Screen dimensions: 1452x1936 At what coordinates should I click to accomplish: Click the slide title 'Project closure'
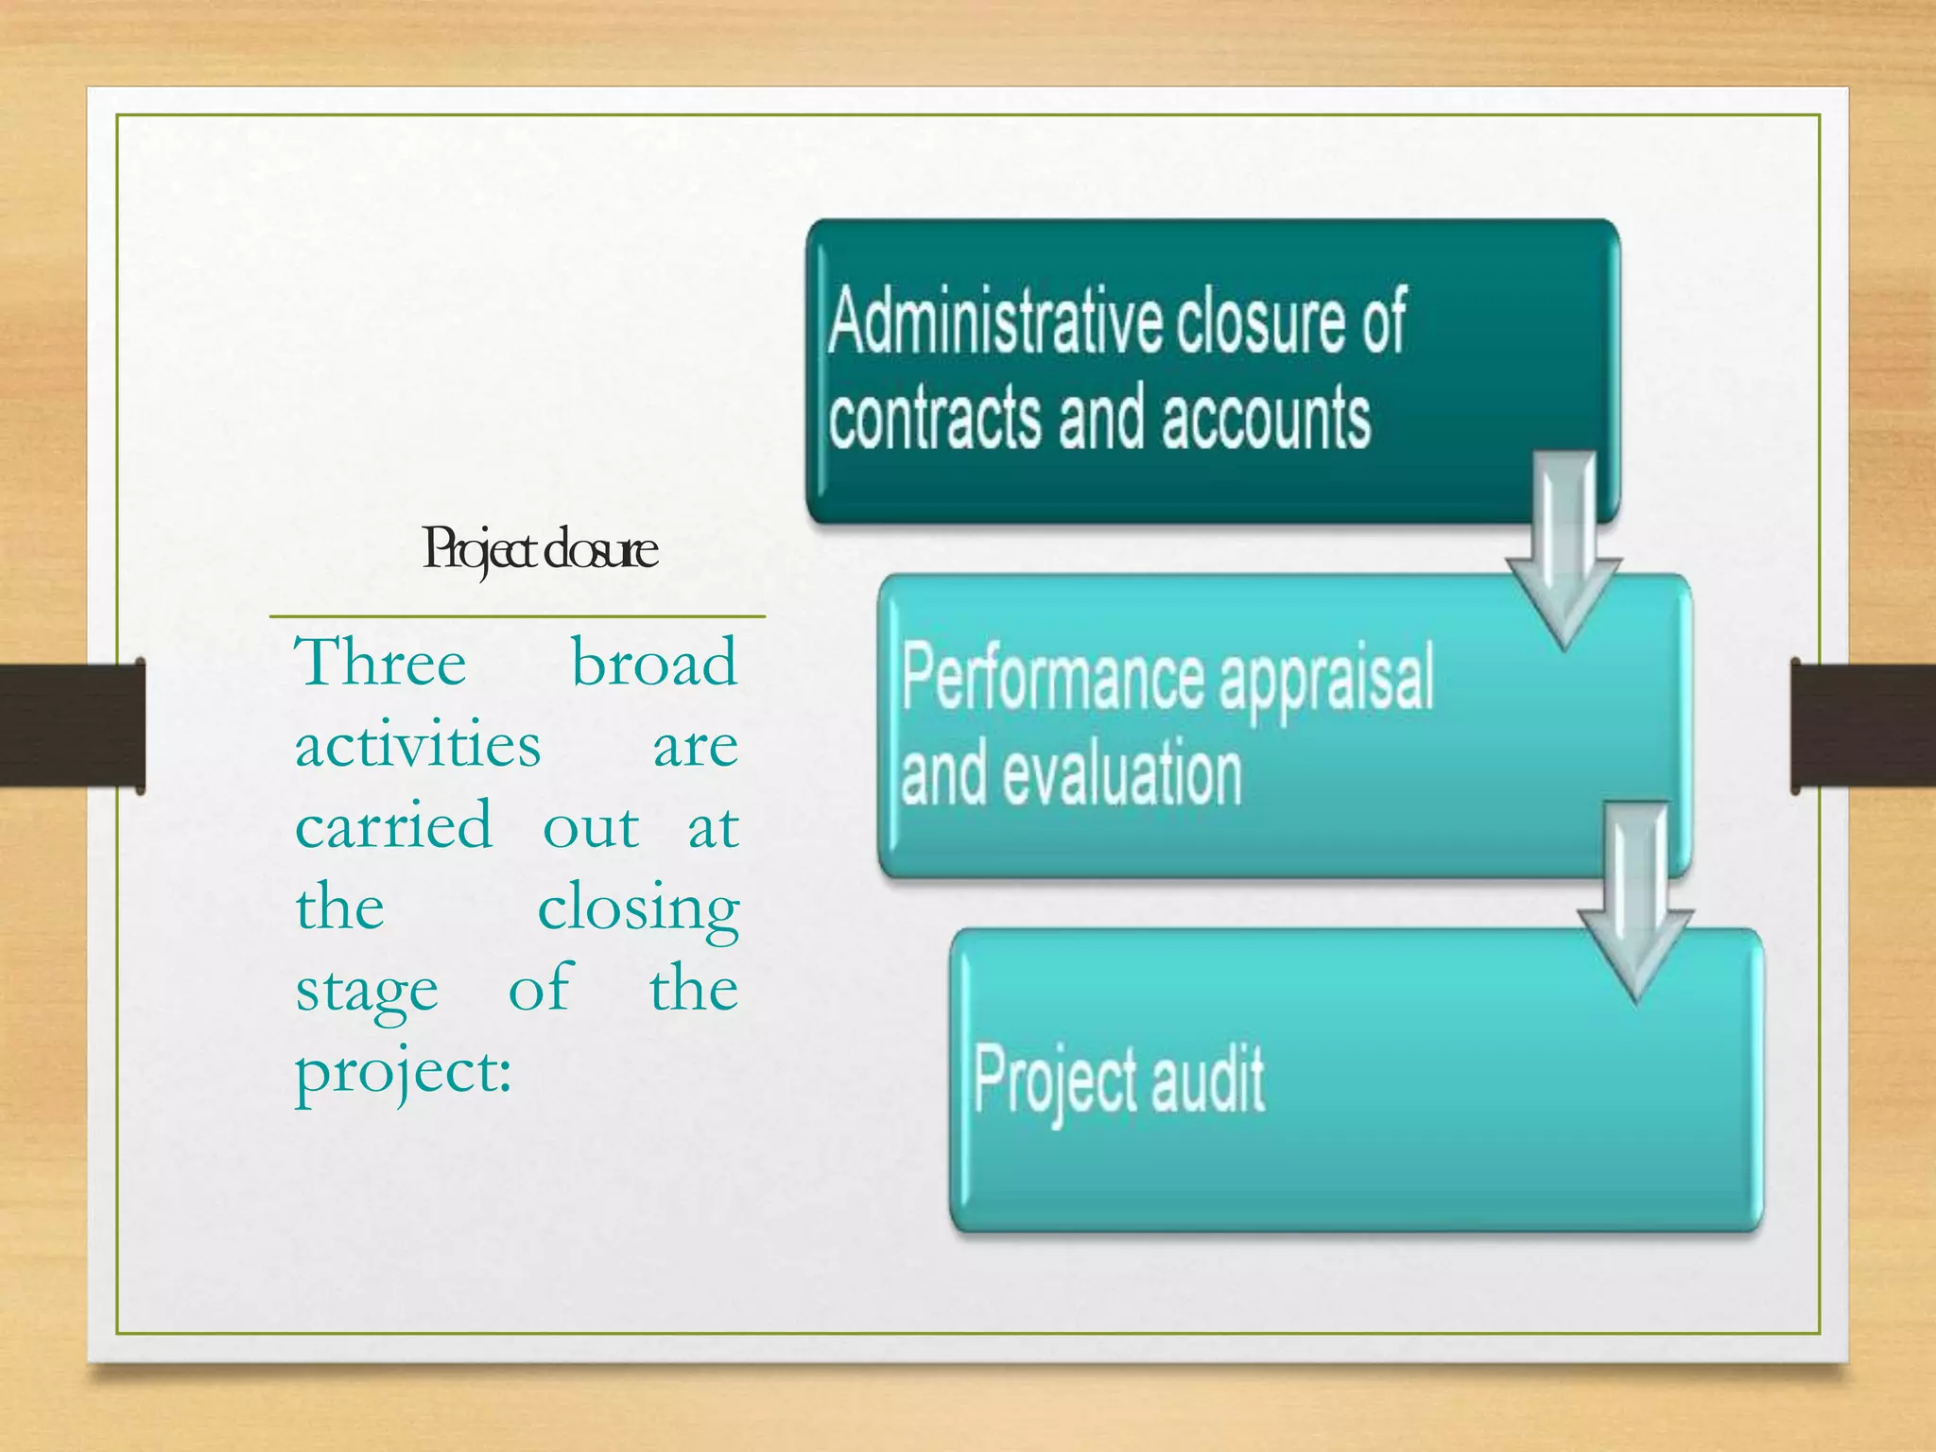tap(540, 550)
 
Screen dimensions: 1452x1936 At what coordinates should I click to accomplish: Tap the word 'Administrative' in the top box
tap(994, 321)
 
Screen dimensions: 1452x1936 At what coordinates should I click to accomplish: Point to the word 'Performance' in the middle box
tap(1052, 677)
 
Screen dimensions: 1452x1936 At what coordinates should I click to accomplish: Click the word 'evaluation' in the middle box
tap(1121, 774)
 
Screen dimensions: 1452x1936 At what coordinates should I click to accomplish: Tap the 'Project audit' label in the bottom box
tap(1118, 1080)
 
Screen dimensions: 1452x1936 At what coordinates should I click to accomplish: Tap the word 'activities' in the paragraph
tap(418, 745)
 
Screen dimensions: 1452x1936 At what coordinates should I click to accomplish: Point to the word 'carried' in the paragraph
tap(393, 826)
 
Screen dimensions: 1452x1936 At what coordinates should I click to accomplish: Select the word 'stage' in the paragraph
tap(367, 991)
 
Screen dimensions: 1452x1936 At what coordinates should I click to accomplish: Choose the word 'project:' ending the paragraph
tap(404, 1074)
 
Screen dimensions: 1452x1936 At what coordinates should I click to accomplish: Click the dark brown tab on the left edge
tap(72, 725)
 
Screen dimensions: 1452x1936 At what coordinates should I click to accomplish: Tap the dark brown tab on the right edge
tap(1862, 725)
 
